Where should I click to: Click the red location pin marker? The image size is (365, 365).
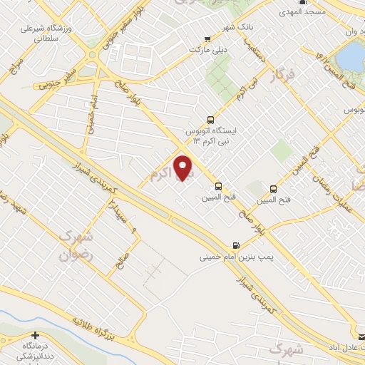tap(183, 168)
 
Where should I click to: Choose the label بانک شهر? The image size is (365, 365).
tap(217, 28)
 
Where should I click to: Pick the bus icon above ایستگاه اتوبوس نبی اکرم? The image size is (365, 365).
tap(210, 120)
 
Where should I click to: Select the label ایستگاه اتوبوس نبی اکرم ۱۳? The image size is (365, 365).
tap(216, 136)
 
